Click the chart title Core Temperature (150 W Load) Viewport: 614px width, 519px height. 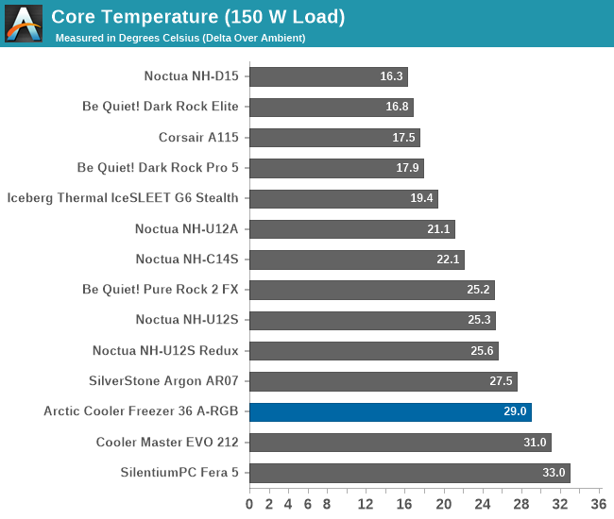click(x=197, y=17)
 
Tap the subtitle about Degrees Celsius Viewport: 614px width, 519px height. click(x=180, y=38)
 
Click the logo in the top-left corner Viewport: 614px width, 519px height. click(x=24, y=23)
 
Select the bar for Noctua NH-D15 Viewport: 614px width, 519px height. click(x=328, y=76)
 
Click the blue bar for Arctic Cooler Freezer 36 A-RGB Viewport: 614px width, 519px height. click(x=390, y=411)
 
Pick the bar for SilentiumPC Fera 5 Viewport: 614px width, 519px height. click(x=409, y=473)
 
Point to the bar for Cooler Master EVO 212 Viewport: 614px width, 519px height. click(x=400, y=443)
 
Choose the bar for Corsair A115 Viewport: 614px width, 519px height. click(x=334, y=138)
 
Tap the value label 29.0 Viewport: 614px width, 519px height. click(x=516, y=412)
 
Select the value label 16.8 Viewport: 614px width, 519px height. click(x=398, y=108)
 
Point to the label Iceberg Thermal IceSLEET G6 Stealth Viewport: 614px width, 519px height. click(x=123, y=198)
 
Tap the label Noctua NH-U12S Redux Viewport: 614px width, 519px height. click(x=165, y=351)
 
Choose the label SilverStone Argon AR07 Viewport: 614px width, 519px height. click(x=163, y=381)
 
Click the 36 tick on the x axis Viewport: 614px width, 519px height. click(x=598, y=504)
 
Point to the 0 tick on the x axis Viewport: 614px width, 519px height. click(x=249, y=504)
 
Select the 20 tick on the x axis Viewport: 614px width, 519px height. click(x=443, y=504)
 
